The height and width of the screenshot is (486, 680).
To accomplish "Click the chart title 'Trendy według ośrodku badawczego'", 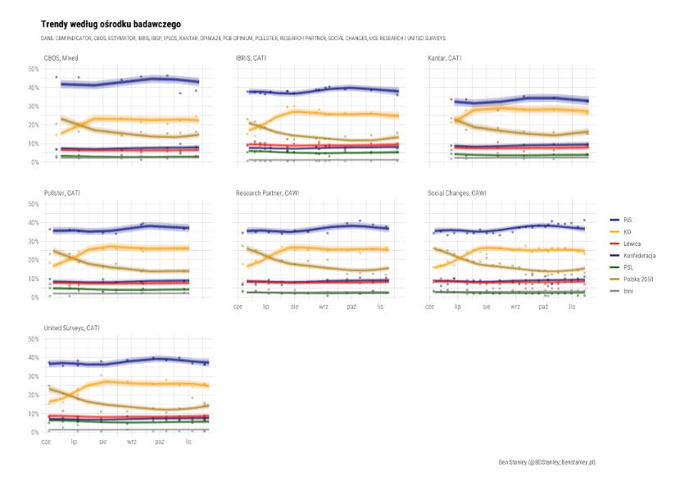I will click(111, 25).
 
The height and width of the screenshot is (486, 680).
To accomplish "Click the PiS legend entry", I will click(627, 220).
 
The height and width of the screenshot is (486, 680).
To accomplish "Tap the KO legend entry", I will click(627, 232).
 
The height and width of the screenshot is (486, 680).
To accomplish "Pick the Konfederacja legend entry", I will click(638, 256).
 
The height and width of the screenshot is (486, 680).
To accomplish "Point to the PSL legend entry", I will click(628, 267).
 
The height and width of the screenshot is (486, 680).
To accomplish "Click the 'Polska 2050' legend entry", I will click(637, 279).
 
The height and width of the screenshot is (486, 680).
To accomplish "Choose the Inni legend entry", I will click(628, 291).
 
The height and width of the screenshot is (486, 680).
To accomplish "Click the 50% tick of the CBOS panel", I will click(34, 69).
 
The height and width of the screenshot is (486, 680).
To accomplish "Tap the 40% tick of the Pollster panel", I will click(34, 223).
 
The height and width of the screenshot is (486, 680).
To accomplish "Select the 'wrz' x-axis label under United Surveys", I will click(131, 442).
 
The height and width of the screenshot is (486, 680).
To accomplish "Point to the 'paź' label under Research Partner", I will click(351, 307).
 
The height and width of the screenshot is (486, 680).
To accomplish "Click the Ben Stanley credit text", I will click(546, 462).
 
